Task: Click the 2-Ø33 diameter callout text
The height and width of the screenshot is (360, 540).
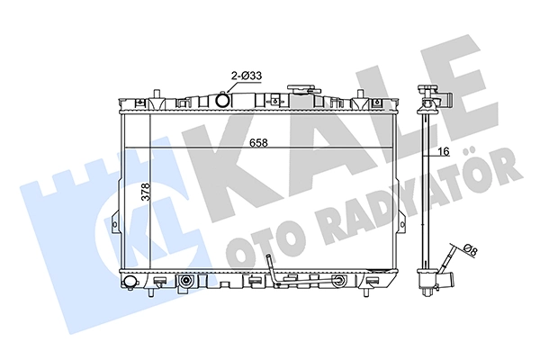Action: [246, 75]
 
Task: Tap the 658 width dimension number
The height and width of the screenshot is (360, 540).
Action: [258, 142]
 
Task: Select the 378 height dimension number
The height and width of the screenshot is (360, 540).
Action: [146, 193]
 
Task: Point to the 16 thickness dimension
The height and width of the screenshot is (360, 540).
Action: [445, 151]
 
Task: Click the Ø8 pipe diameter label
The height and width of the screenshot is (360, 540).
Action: [471, 250]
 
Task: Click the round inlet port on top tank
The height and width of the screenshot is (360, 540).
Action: [223, 100]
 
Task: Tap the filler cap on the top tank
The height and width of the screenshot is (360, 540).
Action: [300, 89]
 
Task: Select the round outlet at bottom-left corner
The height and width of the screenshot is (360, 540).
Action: [129, 282]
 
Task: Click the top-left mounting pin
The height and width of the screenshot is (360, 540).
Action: [157, 94]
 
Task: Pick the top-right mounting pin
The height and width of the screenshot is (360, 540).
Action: [360, 94]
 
